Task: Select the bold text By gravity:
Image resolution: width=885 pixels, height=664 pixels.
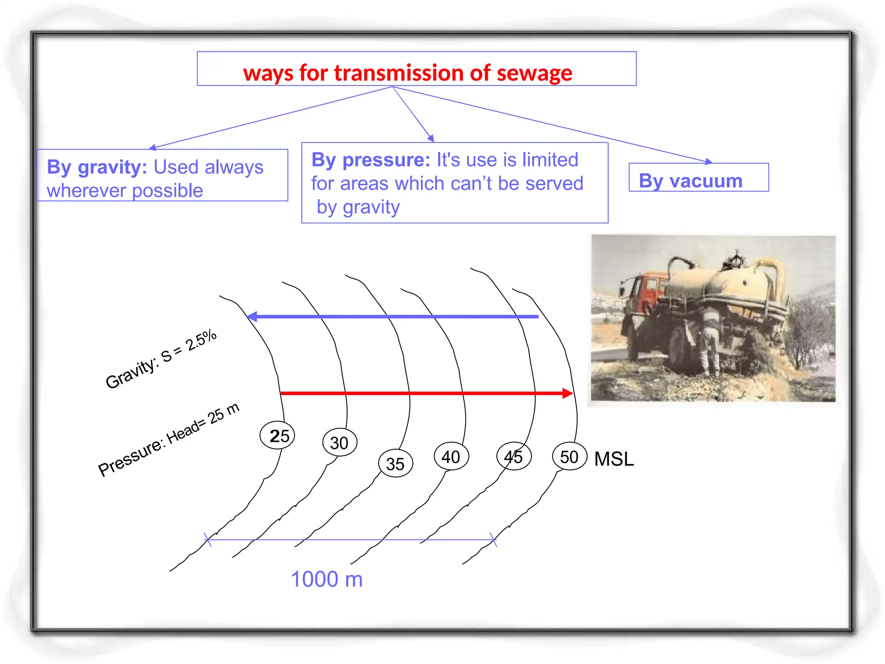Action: [97, 167]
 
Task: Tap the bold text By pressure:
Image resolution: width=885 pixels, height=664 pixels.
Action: [370, 160]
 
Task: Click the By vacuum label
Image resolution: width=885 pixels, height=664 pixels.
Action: [690, 181]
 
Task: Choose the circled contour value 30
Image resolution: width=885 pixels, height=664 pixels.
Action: [340, 443]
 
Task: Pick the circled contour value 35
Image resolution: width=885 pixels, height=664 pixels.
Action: [395, 464]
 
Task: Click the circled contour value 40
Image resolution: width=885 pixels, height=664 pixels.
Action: [451, 457]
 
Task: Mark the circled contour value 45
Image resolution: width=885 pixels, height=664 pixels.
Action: [513, 457]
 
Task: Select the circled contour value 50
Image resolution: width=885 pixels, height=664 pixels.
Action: [569, 457]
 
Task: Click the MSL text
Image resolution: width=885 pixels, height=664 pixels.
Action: [614, 459]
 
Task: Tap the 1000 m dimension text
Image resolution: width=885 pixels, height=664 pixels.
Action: [327, 579]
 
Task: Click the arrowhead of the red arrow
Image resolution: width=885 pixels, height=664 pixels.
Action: [567, 393]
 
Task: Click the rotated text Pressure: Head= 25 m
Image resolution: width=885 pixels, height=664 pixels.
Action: [169, 440]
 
